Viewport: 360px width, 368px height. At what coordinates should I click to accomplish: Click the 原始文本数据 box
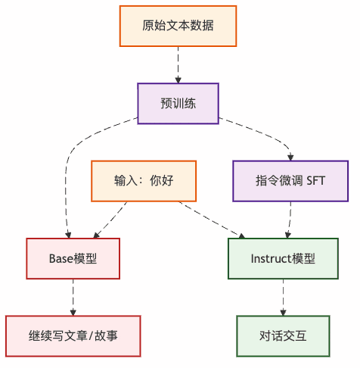click(x=178, y=25)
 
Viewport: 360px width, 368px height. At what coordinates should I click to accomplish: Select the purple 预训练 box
click(x=178, y=103)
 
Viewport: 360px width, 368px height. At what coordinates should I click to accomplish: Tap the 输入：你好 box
click(x=144, y=181)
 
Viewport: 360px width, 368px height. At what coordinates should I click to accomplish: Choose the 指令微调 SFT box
click(x=290, y=181)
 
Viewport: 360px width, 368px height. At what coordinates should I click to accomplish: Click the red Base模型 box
click(x=73, y=258)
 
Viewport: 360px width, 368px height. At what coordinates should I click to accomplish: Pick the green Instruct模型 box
click(x=283, y=258)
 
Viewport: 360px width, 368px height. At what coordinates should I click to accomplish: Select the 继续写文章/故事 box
click(x=73, y=335)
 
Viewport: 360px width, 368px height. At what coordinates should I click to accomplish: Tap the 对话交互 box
click(x=284, y=335)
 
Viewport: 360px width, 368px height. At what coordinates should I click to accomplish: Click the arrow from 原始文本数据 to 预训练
click(x=178, y=64)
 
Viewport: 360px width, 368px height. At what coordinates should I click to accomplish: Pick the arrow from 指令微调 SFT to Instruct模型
click(x=288, y=220)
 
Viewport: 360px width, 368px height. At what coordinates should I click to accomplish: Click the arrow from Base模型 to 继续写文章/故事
click(x=73, y=297)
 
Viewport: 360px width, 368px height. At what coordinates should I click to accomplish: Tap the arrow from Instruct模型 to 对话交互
click(x=284, y=297)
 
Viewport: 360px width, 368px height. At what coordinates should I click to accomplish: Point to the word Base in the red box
click(x=62, y=258)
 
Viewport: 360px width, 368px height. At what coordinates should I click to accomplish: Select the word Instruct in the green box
click(x=271, y=258)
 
